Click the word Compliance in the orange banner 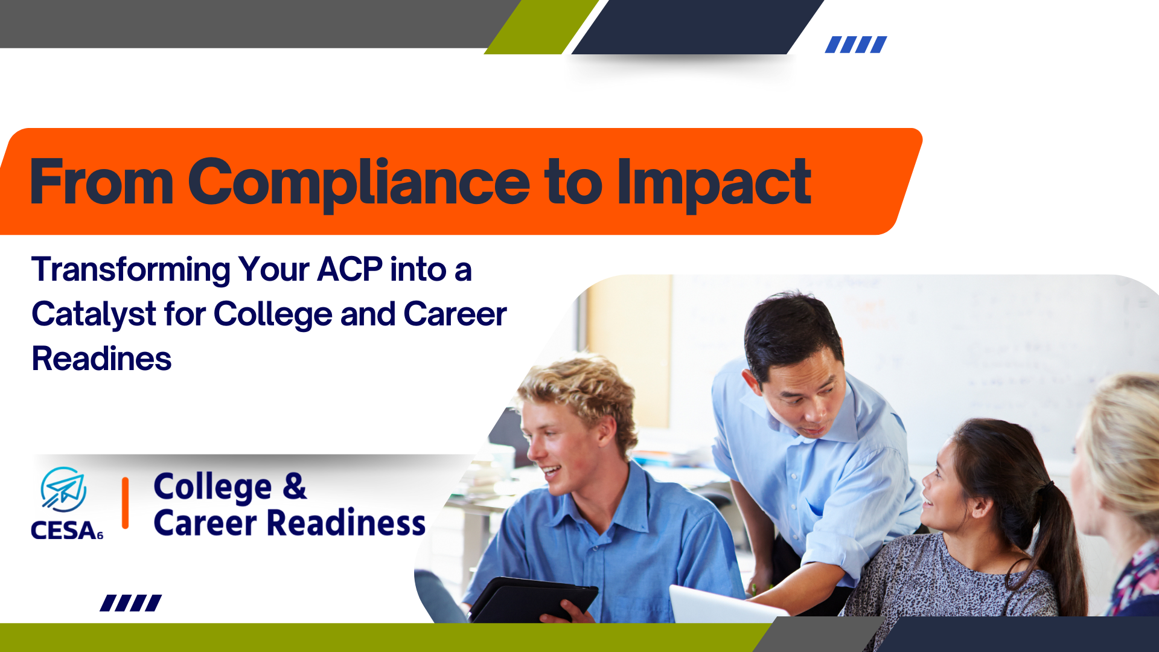[x=359, y=183]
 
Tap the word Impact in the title [x=714, y=183]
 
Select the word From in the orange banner [x=102, y=181]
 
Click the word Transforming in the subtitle [x=131, y=270]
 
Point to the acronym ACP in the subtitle [x=350, y=269]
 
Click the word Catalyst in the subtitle [x=94, y=315]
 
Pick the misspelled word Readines [x=101, y=359]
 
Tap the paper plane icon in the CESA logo [x=63, y=490]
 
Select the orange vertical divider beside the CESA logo [x=126, y=503]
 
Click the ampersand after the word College [x=295, y=487]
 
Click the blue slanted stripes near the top [x=856, y=45]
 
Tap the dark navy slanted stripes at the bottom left [x=131, y=603]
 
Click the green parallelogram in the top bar [x=541, y=27]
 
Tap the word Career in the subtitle [x=455, y=315]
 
